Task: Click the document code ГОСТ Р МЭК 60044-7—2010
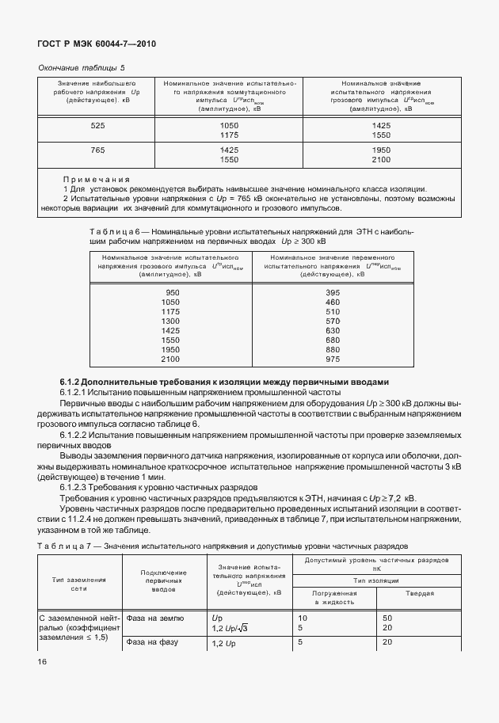point(97,45)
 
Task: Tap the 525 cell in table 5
point(97,126)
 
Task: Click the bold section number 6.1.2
point(75,382)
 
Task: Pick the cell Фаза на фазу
point(153,642)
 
